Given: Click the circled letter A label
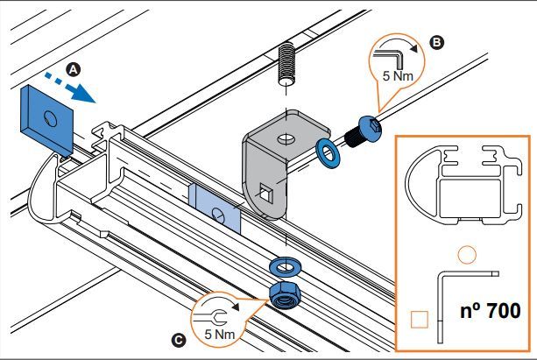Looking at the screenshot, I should coord(74,67).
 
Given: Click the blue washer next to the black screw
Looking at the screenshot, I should coord(329,153).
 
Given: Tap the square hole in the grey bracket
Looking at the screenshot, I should coord(269,190).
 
